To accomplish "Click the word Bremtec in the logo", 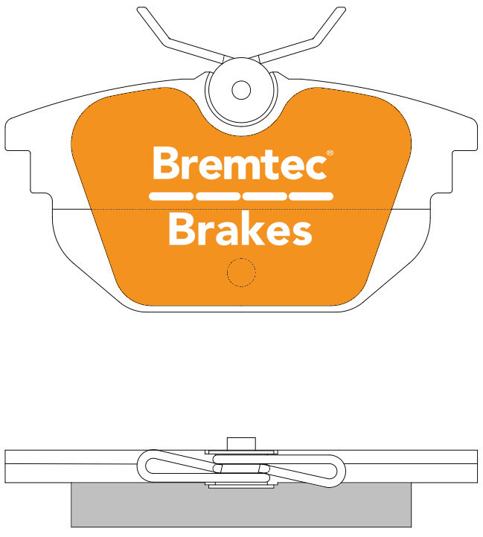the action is point(240,163).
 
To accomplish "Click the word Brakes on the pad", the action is point(240,228).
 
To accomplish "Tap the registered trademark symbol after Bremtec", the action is point(330,152).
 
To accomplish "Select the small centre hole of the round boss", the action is point(241,90).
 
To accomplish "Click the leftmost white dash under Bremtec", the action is point(170,196).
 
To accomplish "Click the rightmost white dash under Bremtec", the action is point(311,196).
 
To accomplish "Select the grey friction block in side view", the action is point(241,505).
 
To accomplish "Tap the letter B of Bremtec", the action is point(164,163).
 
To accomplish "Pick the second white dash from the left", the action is point(218,196).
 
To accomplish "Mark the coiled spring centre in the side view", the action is point(241,469).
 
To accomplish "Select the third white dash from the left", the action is point(265,196).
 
